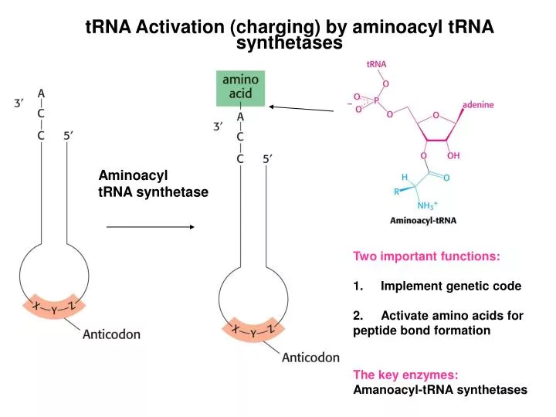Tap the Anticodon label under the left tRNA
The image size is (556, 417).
(112, 334)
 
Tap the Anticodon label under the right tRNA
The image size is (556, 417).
(310, 357)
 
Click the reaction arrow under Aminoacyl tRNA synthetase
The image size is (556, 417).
(149, 227)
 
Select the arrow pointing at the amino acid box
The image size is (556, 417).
(302, 108)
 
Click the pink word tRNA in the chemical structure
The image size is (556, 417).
(376, 64)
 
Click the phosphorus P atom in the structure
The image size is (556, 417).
(376, 99)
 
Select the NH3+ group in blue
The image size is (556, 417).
(426, 205)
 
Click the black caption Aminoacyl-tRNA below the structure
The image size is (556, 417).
(422, 220)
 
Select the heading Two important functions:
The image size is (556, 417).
(426, 256)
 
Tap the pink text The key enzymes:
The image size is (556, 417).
(405, 375)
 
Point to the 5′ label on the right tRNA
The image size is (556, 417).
(268, 159)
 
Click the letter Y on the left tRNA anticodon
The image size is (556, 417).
(54, 310)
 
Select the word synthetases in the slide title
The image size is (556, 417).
(289, 44)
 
